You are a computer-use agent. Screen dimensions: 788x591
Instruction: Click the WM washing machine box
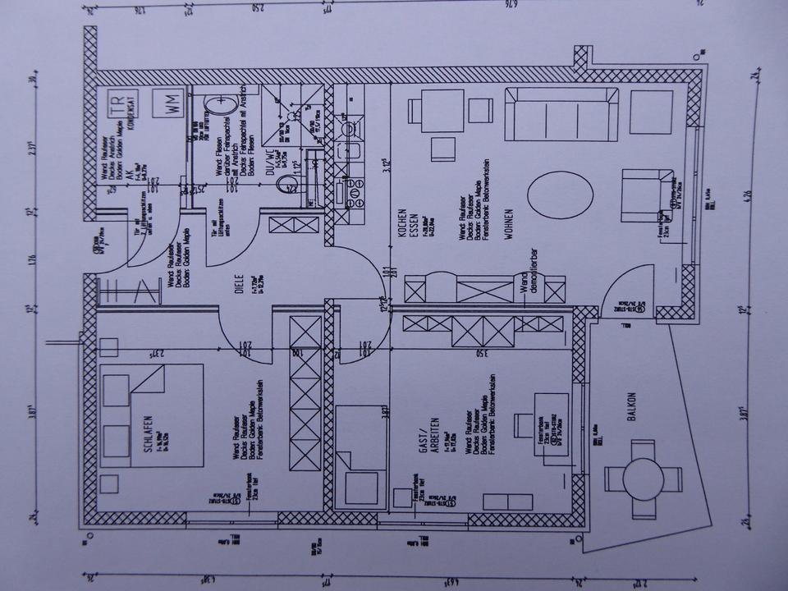coord(172,105)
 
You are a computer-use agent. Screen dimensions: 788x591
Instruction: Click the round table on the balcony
coord(644,478)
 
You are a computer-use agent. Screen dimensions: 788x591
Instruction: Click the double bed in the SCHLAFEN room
coord(152,416)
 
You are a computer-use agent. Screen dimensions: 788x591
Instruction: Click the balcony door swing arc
coord(628,283)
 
